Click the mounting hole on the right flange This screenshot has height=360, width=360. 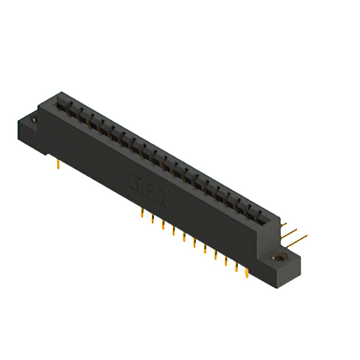277,258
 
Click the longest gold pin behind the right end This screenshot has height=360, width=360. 298,240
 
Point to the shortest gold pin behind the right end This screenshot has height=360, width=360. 284,223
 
